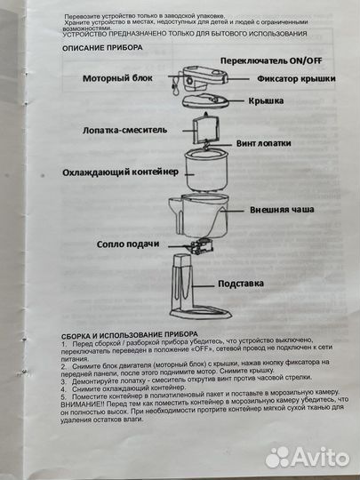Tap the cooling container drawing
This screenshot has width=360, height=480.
click(205, 171)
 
